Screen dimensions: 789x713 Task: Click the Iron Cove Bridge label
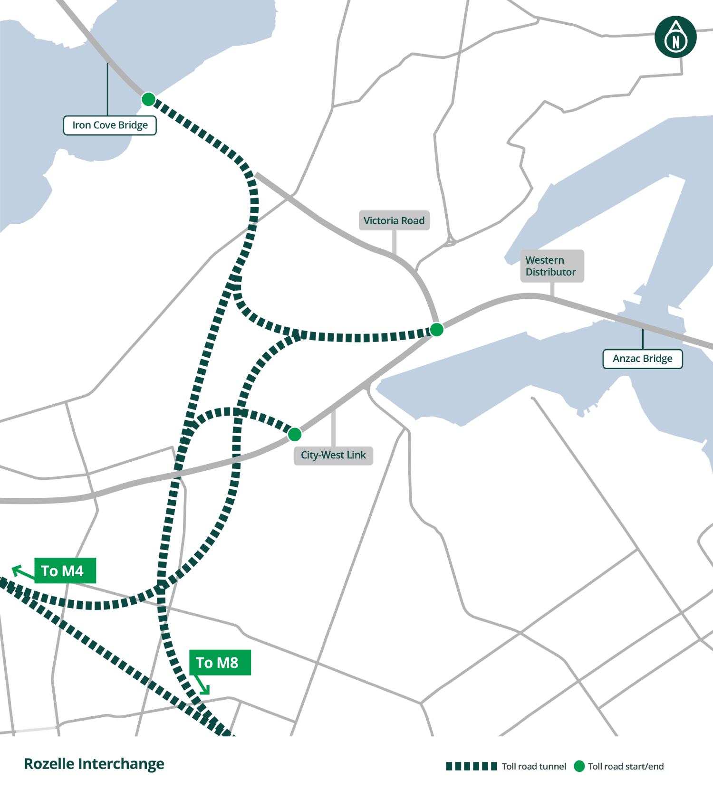point(110,125)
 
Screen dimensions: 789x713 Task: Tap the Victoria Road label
point(394,221)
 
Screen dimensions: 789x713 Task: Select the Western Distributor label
point(551,266)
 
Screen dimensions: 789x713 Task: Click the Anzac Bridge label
point(642,359)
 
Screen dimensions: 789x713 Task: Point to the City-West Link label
point(333,455)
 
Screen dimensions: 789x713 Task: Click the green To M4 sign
point(65,570)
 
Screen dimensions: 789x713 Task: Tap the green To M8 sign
point(220,662)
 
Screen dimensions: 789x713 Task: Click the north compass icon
point(675,38)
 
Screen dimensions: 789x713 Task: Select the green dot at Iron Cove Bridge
point(148,99)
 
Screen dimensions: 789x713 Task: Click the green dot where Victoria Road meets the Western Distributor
point(436,329)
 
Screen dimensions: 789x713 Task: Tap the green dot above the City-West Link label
point(295,434)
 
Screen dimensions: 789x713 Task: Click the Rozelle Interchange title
point(94,764)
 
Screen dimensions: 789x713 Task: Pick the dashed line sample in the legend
point(471,766)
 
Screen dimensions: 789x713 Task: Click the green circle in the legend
point(579,766)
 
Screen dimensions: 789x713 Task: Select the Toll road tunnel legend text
point(534,766)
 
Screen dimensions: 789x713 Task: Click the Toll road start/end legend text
point(626,766)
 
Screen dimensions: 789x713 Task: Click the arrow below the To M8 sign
point(202,685)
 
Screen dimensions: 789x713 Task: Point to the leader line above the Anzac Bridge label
point(643,339)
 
